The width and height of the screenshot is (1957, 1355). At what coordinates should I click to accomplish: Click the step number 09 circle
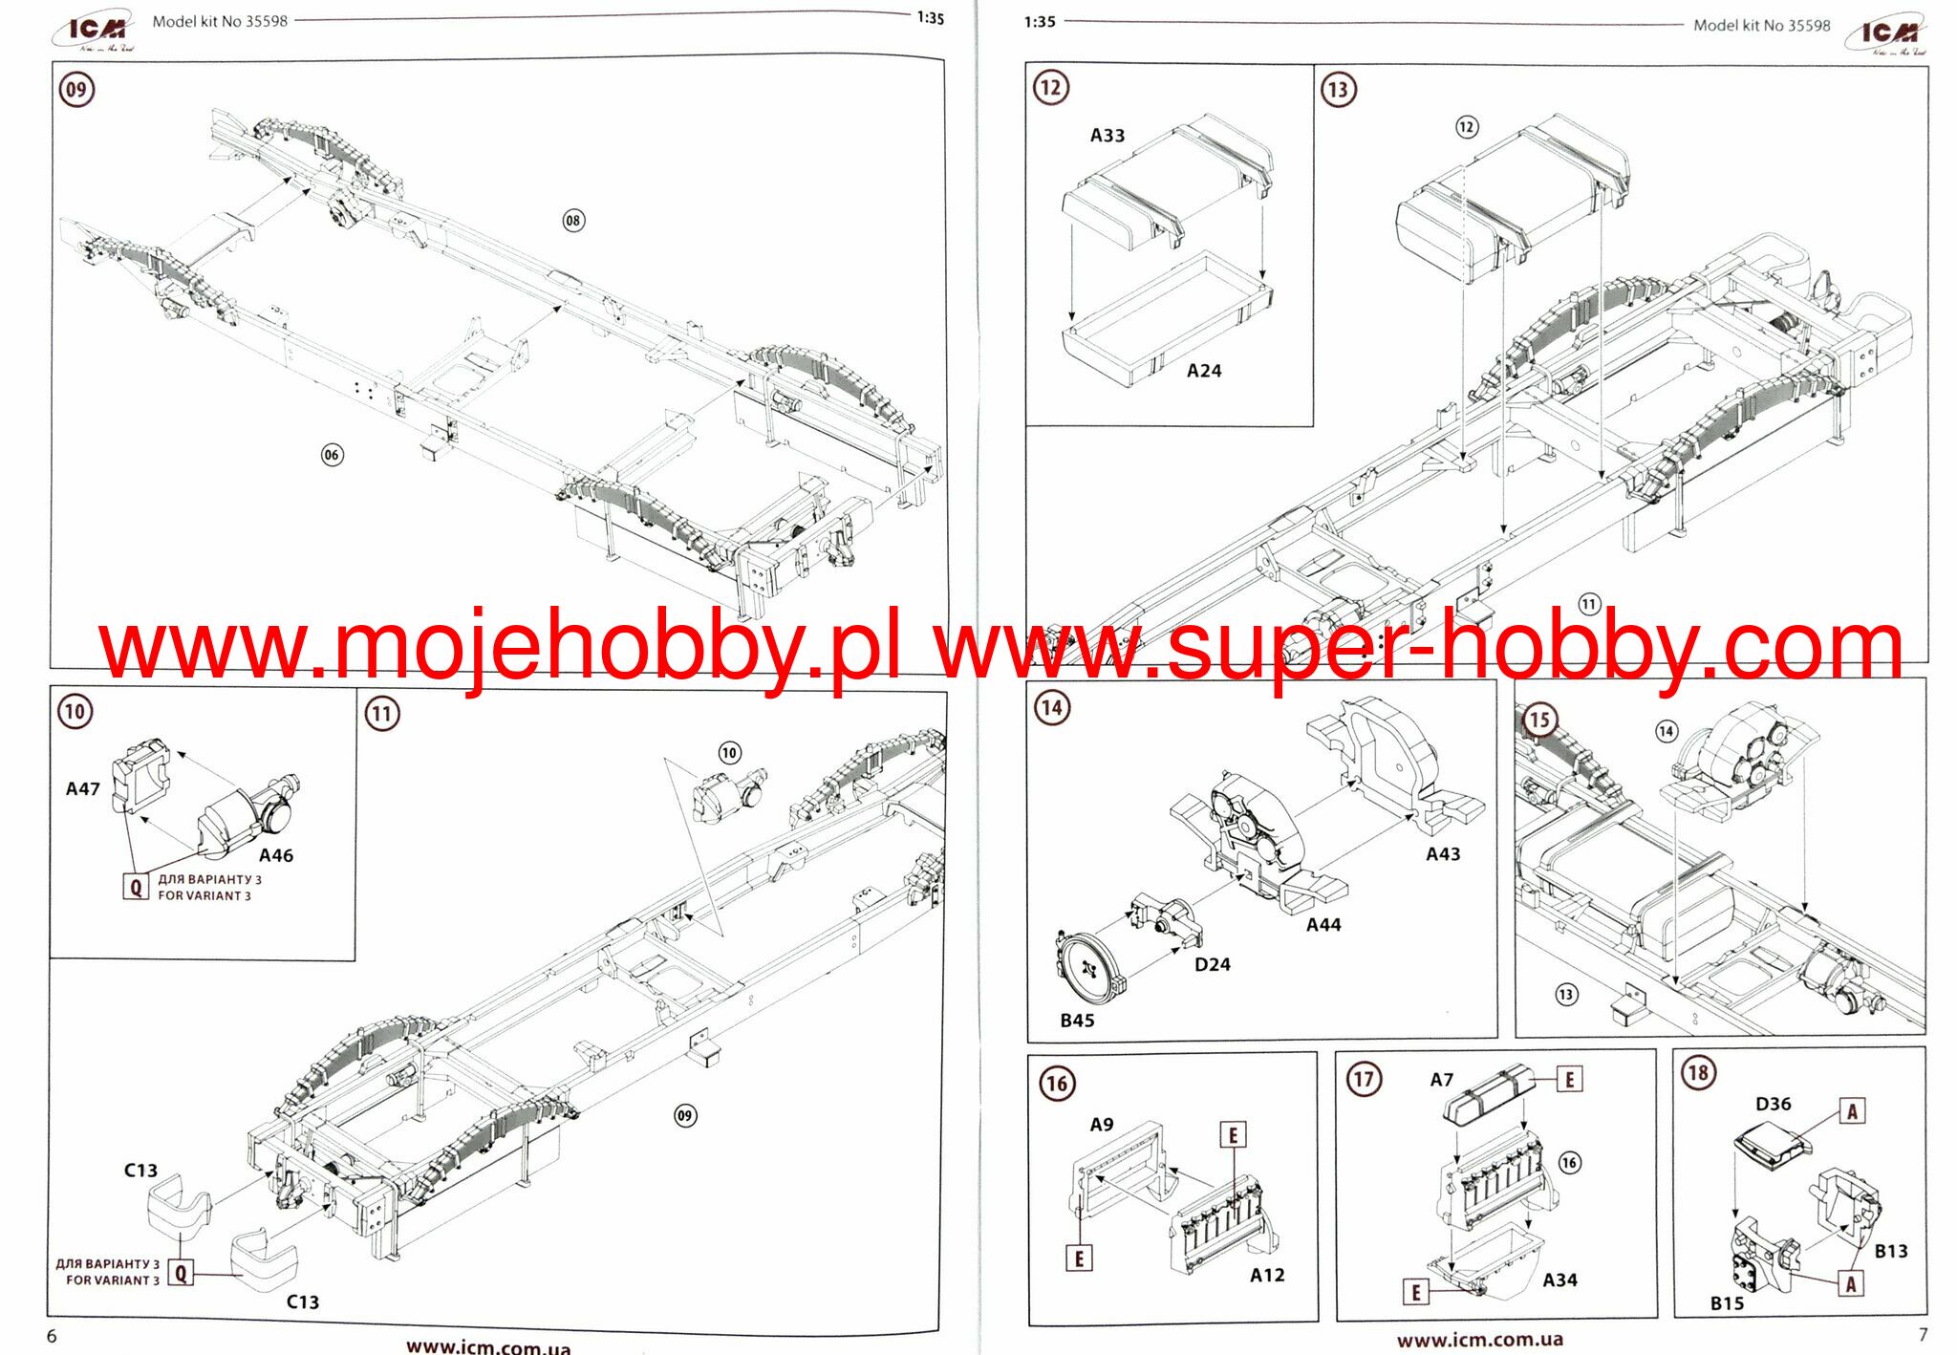click(76, 90)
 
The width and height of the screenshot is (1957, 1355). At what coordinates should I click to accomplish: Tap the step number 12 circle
click(1051, 88)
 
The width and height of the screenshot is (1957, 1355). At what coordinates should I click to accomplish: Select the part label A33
click(1108, 136)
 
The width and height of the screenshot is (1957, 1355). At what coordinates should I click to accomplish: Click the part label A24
click(1204, 371)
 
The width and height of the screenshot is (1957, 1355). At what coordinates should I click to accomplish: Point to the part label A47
click(83, 789)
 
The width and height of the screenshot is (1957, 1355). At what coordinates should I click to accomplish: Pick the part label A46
click(276, 855)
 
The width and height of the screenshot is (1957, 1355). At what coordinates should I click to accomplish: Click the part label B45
click(1077, 1021)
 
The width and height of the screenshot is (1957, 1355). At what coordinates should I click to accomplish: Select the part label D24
click(1213, 964)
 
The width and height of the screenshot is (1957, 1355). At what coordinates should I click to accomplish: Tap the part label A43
click(1443, 854)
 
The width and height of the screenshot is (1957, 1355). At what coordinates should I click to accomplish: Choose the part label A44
click(1323, 925)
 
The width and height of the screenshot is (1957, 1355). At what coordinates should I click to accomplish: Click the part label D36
click(1774, 1104)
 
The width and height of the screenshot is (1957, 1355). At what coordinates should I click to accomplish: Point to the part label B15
click(1727, 1303)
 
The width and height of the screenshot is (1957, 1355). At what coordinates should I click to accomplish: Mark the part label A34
click(1559, 1280)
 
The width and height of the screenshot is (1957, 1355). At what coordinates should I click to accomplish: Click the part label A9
click(1102, 1125)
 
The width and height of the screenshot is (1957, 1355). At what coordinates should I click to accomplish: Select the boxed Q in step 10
click(136, 887)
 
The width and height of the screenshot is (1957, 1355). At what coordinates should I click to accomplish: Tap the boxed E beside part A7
click(1569, 1080)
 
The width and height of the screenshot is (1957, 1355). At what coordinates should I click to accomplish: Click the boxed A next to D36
click(1852, 1111)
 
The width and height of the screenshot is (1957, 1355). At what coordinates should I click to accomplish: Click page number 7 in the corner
click(1924, 1335)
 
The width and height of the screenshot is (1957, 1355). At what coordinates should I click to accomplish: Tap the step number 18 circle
click(1698, 1073)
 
